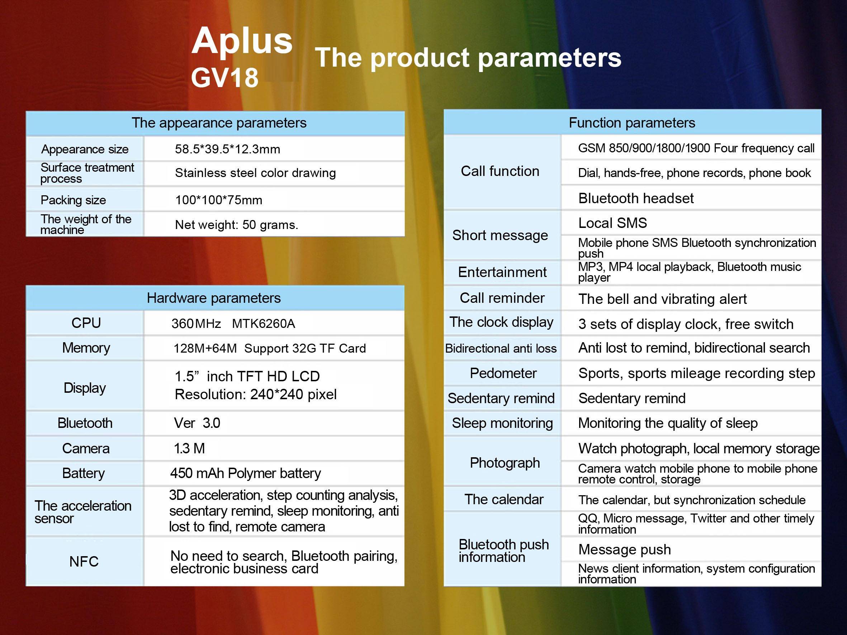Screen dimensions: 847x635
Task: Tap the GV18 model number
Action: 225,78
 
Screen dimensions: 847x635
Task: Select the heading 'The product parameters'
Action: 468,58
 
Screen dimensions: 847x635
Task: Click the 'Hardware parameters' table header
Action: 214,298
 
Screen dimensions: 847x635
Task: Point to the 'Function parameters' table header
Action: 632,123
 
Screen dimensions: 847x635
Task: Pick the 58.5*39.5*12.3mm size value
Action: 227,149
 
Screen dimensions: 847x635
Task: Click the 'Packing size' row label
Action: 73,200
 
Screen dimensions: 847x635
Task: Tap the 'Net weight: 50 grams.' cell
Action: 237,225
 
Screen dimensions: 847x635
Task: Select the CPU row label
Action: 86,323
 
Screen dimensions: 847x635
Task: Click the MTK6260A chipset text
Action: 264,324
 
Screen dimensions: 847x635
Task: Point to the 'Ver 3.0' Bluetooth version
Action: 197,423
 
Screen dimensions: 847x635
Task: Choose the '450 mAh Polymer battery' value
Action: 245,473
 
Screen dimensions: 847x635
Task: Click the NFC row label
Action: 84,562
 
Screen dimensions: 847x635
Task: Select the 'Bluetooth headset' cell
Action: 636,198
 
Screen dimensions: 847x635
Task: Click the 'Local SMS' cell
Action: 612,223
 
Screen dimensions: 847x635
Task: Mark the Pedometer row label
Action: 503,373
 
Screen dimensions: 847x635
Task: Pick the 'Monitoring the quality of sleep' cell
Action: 668,423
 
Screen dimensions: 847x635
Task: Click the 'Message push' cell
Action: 625,550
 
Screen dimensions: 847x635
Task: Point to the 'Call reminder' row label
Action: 502,298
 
